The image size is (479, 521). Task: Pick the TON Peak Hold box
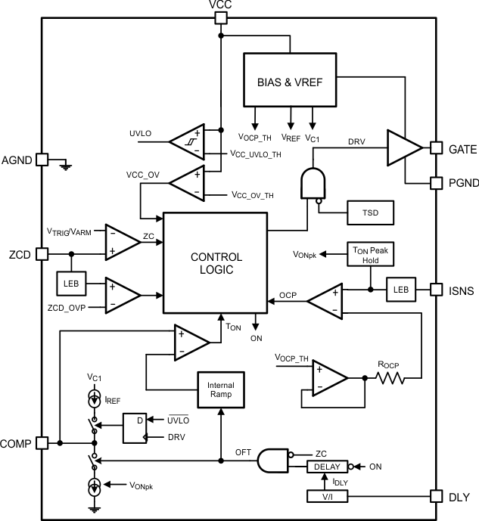[370, 255]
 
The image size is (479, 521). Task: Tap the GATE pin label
[459, 149]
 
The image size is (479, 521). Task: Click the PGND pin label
[459, 183]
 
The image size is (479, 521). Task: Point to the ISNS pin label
[459, 289]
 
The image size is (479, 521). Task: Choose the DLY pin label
[456, 496]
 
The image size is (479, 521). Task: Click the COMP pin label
[17, 443]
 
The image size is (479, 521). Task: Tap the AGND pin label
[17, 160]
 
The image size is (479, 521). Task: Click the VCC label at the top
[220, 6]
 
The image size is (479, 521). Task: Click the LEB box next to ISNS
[400, 289]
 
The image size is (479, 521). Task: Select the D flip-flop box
[135, 427]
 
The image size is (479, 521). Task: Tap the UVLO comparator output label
[141, 133]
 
